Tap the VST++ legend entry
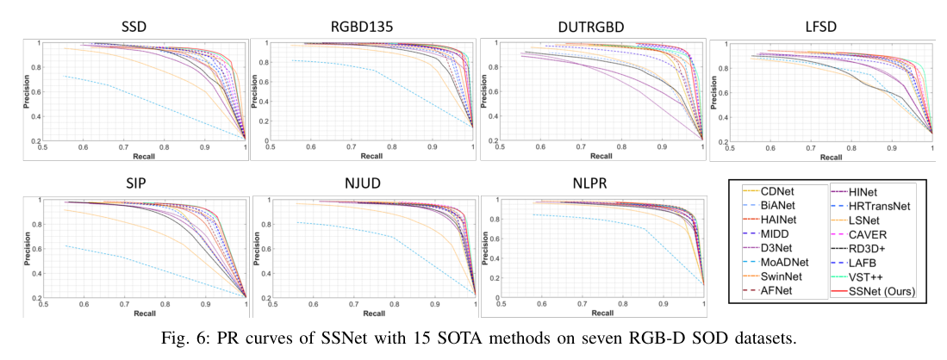tap(868, 276)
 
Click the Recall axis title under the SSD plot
tap(145, 158)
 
